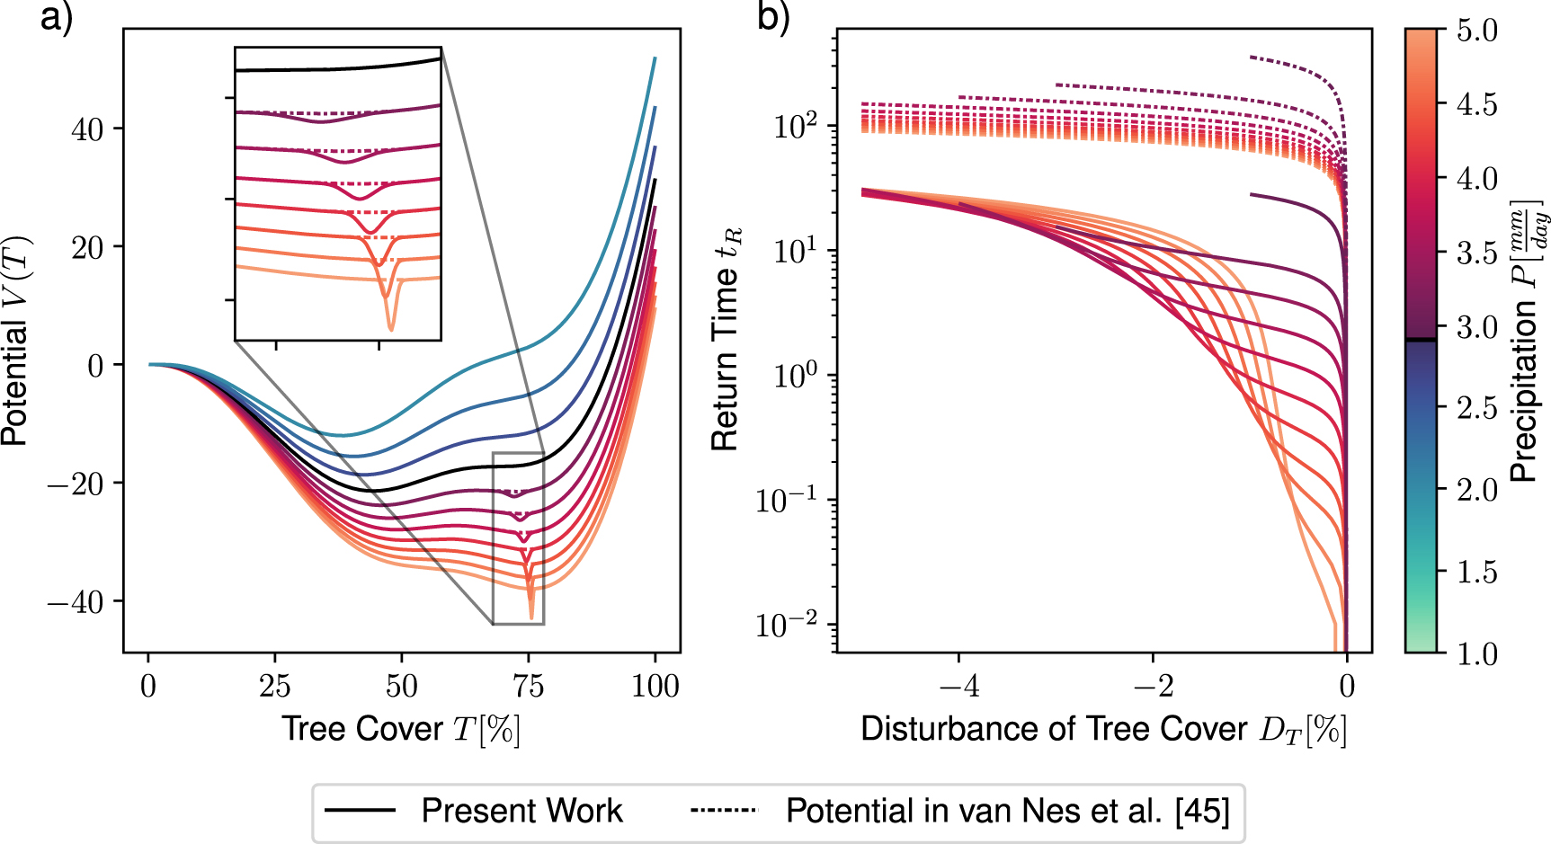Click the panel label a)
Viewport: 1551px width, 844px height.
click(56, 17)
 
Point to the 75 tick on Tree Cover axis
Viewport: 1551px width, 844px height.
click(528, 687)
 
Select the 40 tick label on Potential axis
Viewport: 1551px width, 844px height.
click(87, 129)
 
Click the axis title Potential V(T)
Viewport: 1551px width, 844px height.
click(16, 341)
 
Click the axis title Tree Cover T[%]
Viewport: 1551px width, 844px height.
click(401, 729)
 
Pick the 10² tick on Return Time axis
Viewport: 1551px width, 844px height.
click(797, 125)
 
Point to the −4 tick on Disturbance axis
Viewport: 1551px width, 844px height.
click(958, 687)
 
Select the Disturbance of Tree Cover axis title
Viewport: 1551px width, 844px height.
click(1103, 729)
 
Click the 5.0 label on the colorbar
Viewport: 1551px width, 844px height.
click(1476, 31)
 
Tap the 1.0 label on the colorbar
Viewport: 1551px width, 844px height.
click(1476, 653)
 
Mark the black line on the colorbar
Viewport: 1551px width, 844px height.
click(1421, 340)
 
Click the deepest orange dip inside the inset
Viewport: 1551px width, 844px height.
click(390, 329)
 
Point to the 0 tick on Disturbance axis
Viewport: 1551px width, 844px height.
click(1346, 687)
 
